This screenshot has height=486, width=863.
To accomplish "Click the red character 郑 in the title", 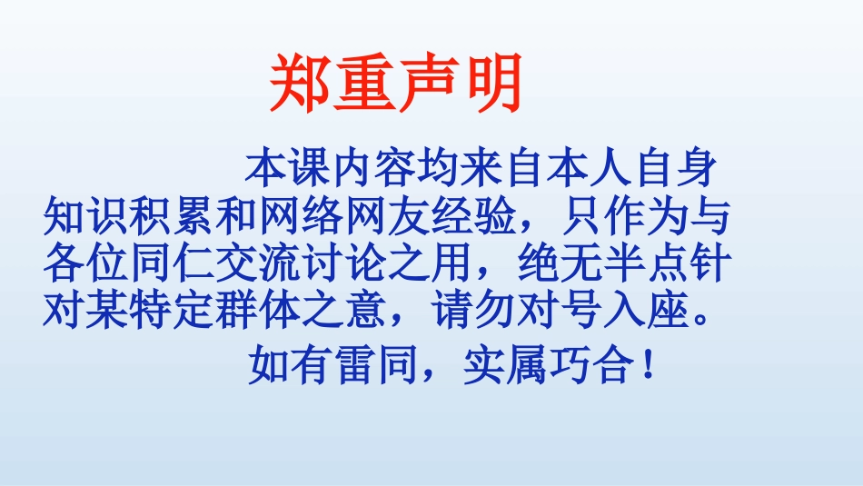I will click(x=300, y=85).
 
